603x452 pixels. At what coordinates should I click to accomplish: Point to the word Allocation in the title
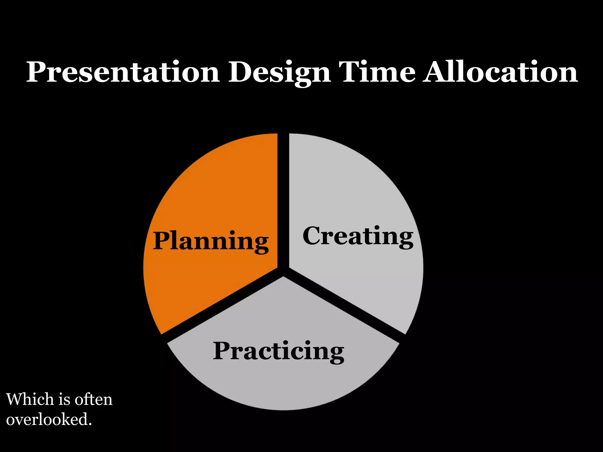click(x=500, y=72)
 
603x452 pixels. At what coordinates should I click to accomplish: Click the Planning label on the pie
click(x=211, y=241)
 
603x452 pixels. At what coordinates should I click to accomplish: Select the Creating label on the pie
click(x=358, y=236)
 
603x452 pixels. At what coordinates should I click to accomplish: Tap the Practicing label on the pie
click(x=278, y=351)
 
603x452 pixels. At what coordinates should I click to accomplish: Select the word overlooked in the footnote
click(x=47, y=419)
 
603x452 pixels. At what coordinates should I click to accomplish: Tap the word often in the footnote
click(x=93, y=400)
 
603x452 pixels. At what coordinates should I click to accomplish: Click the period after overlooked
click(x=90, y=424)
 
